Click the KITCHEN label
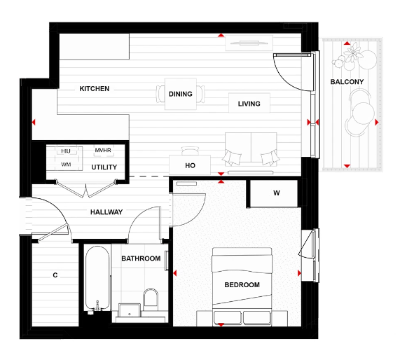pos(94,89)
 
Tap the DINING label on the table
pos(181,94)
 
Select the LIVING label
pos(249,104)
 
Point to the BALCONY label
pos(346,82)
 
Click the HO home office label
pos(189,166)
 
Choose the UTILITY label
pos(104,167)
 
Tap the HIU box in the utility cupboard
pos(66,151)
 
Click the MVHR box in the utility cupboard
pos(102,151)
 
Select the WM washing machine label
pos(66,165)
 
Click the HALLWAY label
pos(106,212)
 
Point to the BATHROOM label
pos(141,258)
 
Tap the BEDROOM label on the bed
pos(242,285)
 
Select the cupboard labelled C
pos(55,275)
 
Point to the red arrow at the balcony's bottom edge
pos(346,166)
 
